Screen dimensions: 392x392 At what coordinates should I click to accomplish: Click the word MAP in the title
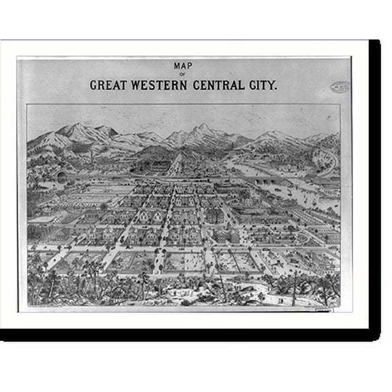point(183,66)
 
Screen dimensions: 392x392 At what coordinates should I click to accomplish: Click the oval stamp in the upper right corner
point(340,87)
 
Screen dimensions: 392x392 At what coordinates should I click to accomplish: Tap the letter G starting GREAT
point(93,86)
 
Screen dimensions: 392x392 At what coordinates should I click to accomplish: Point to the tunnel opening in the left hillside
point(61,175)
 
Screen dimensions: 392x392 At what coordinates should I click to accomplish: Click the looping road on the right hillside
point(325,161)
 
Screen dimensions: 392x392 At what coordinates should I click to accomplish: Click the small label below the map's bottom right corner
point(322,311)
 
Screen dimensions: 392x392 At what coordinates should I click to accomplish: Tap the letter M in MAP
point(177,66)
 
